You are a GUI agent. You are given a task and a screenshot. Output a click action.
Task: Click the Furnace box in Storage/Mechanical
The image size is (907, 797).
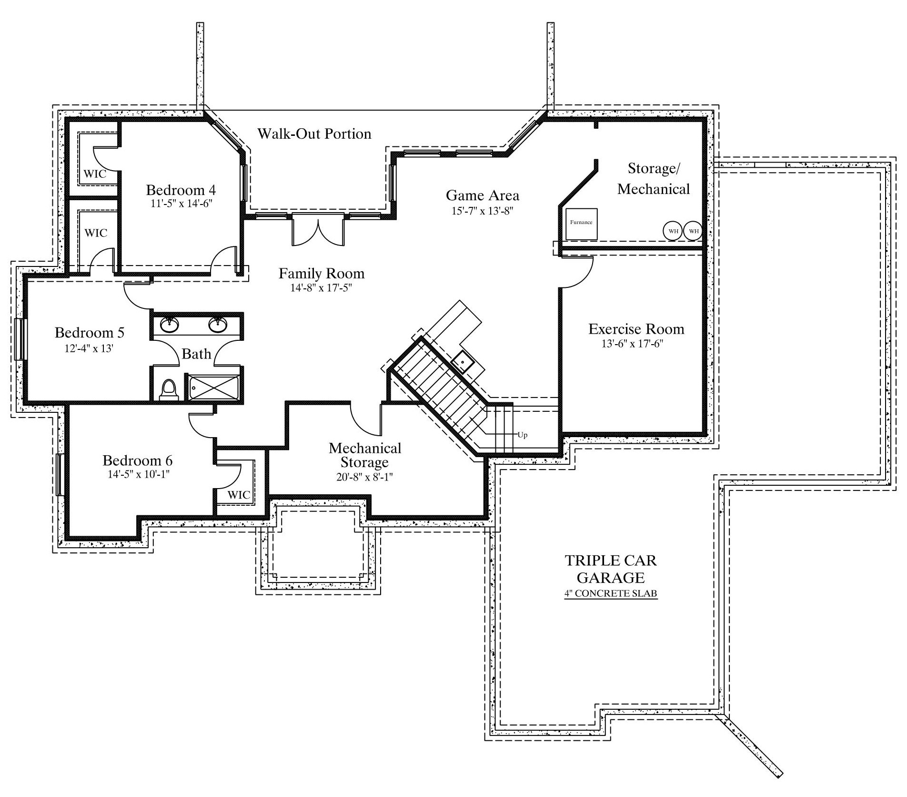pyautogui.click(x=581, y=224)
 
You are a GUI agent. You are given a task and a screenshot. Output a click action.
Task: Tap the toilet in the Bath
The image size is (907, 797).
pyautogui.click(x=168, y=389)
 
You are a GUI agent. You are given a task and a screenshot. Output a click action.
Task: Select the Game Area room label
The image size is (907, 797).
pyautogui.click(x=483, y=195)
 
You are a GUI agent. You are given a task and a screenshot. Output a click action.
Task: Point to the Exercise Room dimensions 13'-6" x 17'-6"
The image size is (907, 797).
pyautogui.click(x=632, y=344)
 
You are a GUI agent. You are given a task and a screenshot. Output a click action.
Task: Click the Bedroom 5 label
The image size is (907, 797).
pyautogui.click(x=90, y=332)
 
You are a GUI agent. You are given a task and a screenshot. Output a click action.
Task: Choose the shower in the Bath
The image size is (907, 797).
pyautogui.click(x=214, y=388)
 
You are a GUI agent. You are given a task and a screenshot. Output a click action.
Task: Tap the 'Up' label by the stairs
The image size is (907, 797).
pyautogui.click(x=523, y=435)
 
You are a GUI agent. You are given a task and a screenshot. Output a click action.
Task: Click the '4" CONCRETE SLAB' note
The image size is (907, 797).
pyautogui.click(x=611, y=594)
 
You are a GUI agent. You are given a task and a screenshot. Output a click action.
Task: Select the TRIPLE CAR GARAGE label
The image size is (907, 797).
pyautogui.click(x=611, y=569)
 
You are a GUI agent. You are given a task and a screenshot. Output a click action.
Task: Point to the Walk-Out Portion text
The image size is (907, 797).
pyautogui.click(x=314, y=133)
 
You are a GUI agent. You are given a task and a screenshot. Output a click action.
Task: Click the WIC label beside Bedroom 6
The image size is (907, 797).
pyautogui.click(x=239, y=495)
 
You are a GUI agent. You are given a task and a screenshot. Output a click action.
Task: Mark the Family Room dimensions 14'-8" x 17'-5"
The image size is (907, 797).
pyautogui.click(x=322, y=288)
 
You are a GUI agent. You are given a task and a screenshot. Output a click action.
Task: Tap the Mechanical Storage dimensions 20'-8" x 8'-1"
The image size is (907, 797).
pyautogui.click(x=365, y=477)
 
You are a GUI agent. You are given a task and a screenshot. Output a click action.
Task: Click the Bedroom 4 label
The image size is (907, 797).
pyautogui.click(x=181, y=190)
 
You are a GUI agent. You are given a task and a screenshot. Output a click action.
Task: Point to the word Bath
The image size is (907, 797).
pyautogui.click(x=196, y=354)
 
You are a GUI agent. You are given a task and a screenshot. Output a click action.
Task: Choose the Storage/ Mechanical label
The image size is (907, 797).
pyautogui.click(x=654, y=179)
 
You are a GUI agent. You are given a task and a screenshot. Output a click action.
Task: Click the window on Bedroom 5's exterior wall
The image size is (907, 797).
pyautogui.click(x=20, y=339)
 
